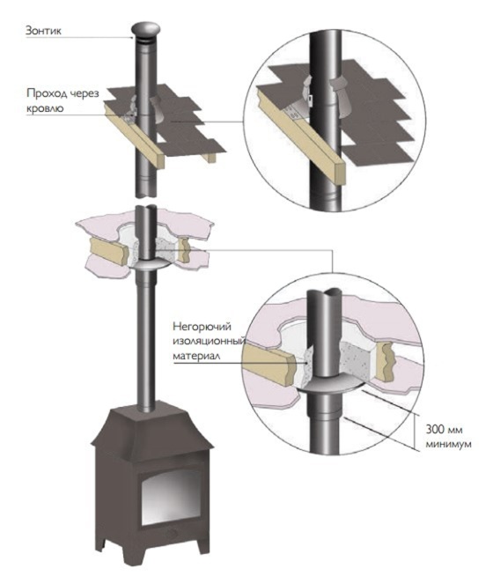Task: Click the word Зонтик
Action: pyautogui.click(x=43, y=31)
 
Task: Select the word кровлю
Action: pyautogui.click(x=45, y=108)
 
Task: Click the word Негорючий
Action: pyautogui.click(x=202, y=326)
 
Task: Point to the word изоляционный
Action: pyautogui.click(x=209, y=341)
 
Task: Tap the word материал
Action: pyautogui.click(x=196, y=357)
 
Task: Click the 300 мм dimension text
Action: pyautogui.click(x=445, y=429)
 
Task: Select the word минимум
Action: pyautogui.click(x=449, y=444)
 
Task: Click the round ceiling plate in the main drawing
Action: pyautogui.click(x=148, y=266)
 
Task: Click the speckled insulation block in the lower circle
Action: pyautogui.click(x=354, y=358)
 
